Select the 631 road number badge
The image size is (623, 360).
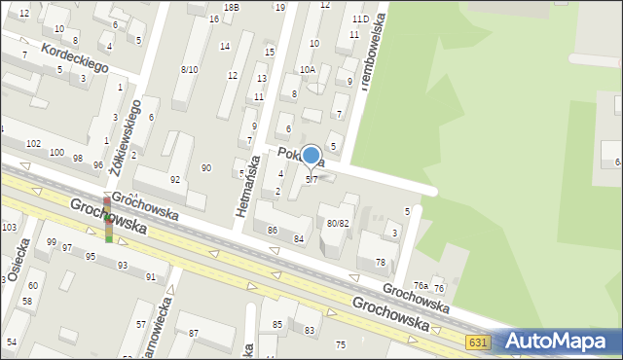click(x=477, y=342)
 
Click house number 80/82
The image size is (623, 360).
click(x=338, y=223)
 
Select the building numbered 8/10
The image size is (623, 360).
click(x=189, y=69)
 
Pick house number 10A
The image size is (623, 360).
click(x=308, y=69)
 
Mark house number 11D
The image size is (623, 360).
click(x=360, y=18)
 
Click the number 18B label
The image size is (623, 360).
click(x=231, y=7)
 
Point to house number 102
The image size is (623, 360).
click(x=33, y=143)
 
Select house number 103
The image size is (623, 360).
click(x=10, y=227)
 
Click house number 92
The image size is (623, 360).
click(x=175, y=179)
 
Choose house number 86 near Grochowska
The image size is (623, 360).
click(x=274, y=231)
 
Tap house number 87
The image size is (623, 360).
click(x=193, y=334)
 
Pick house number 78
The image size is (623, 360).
click(x=381, y=263)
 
